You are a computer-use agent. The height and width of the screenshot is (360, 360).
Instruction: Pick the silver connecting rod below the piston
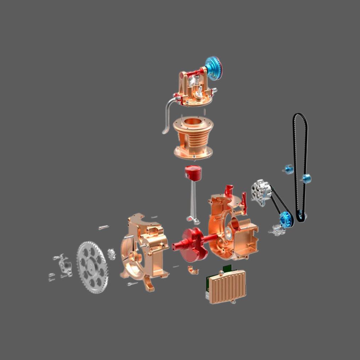point(193,202)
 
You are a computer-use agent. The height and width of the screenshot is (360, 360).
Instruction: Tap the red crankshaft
point(193,241)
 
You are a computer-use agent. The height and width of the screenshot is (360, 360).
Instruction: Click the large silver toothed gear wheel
point(92,267)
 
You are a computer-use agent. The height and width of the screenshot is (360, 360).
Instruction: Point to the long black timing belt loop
point(300,167)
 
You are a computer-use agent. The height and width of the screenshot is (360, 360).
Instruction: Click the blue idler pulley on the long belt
point(306,177)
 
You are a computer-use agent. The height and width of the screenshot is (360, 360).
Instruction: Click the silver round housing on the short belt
point(259,193)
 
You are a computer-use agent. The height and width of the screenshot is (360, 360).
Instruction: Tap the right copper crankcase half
point(232,227)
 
